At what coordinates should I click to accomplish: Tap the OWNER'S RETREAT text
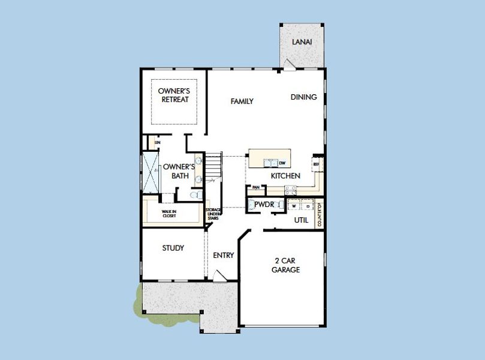pyautogui.click(x=174, y=95)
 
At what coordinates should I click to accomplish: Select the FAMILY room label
pyautogui.click(x=242, y=101)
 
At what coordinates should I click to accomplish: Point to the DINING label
pyautogui.click(x=304, y=97)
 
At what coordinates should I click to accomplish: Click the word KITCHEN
pyautogui.click(x=285, y=176)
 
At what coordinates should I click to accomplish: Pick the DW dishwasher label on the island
pyautogui.click(x=282, y=163)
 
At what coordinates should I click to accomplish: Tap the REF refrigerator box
pyautogui.click(x=316, y=163)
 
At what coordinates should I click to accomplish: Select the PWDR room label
pyautogui.click(x=264, y=205)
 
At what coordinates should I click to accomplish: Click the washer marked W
pyautogui.click(x=294, y=206)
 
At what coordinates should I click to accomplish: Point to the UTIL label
pyautogui.click(x=302, y=220)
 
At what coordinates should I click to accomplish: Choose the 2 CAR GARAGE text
pyautogui.click(x=288, y=265)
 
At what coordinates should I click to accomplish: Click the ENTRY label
pyautogui.click(x=224, y=256)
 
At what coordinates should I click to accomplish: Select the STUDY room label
pyautogui.click(x=173, y=248)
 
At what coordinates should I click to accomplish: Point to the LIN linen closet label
pyautogui.click(x=158, y=143)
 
